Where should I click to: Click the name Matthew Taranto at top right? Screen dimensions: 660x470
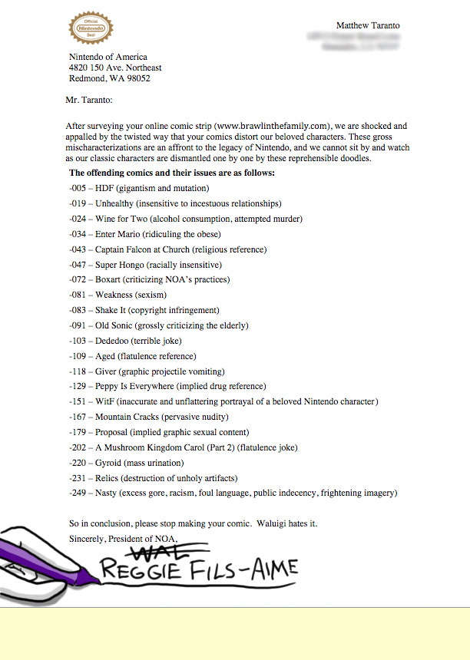[368, 25]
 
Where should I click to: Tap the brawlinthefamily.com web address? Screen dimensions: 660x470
[273, 126]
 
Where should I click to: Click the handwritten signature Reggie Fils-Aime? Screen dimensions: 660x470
[197, 571]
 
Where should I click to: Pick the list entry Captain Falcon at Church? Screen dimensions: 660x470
[143, 249]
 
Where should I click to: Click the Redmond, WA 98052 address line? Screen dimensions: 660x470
[109, 78]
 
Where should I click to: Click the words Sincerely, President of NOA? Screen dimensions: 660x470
[123, 538]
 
